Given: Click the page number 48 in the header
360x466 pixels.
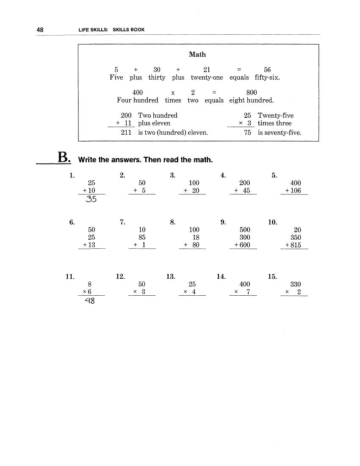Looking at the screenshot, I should pos(40,30).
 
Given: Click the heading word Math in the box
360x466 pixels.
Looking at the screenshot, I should pos(197,54).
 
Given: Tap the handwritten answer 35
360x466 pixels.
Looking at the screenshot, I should pos(91,200).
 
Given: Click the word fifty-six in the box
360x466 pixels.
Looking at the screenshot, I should pos(267,78).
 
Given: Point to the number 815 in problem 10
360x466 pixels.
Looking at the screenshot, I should pos(296,245).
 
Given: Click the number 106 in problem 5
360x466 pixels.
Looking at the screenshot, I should pos(296,191).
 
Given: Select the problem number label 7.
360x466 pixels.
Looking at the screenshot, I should pos(122,222).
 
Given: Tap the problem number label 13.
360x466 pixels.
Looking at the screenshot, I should pos(171,277).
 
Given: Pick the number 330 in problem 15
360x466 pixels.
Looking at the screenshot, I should pos(296,284).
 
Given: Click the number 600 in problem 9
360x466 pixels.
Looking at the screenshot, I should pos(245,245).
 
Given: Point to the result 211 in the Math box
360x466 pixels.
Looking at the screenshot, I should pos(126,133).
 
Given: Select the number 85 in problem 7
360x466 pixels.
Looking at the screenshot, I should pos(142,238).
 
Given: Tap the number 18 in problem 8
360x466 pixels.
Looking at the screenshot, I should pos(196,238).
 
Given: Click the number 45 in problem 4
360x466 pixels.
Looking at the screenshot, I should pos(246,191).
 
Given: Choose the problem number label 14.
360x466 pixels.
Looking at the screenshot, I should pos(221,277).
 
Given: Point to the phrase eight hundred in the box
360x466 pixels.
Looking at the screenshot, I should pos(251,100).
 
